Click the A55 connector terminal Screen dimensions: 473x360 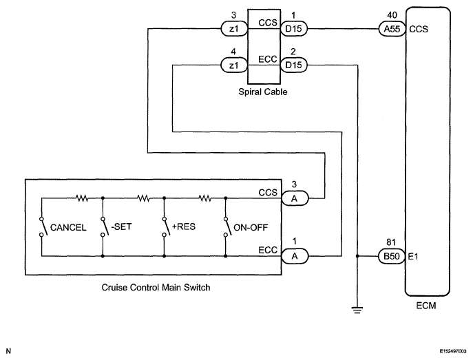point(392,29)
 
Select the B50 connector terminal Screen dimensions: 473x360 point(392,256)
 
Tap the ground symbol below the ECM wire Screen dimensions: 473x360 point(357,310)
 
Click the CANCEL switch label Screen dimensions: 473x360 point(68,227)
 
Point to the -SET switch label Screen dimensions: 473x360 point(121,226)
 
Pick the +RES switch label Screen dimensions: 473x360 point(184,226)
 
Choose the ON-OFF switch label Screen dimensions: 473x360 point(251,227)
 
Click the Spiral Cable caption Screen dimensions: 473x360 point(263,92)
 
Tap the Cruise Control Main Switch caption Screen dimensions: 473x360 point(156,287)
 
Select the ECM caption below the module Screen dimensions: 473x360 point(426,306)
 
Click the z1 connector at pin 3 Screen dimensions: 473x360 point(234,29)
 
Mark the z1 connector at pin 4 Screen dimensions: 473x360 point(234,65)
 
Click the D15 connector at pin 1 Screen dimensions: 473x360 point(294,29)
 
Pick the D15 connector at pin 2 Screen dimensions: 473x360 point(294,65)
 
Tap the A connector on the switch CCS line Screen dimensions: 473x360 point(295,198)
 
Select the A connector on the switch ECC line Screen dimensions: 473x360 point(295,256)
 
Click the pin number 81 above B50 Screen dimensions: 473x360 point(391,242)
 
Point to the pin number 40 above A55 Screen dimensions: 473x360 point(392,14)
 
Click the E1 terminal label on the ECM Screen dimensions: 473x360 point(413,256)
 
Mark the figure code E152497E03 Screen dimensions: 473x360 point(453,351)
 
